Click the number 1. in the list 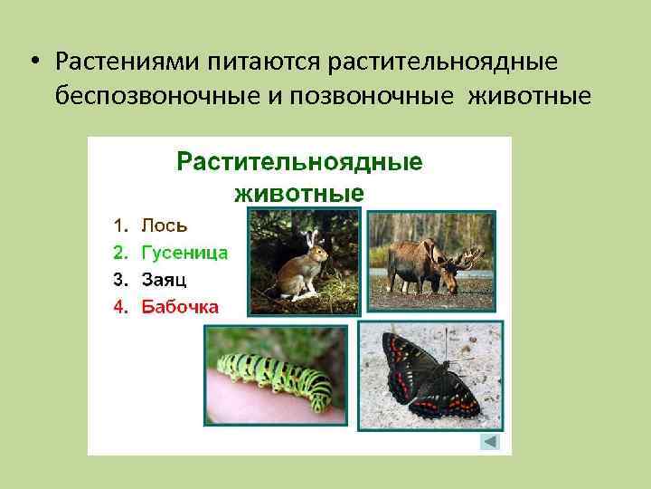click(x=120, y=225)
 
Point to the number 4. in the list click(x=120, y=306)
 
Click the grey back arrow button click(x=489, y=441)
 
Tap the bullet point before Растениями click(x=32, y=62)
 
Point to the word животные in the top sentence click(x=529, y=95)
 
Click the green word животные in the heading click(x=299, y=193)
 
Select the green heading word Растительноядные click(x=299, y=162)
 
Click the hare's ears click(x=311, y=238)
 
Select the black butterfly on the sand click(x=430, y=371)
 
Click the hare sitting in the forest click(x=299, y=270)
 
